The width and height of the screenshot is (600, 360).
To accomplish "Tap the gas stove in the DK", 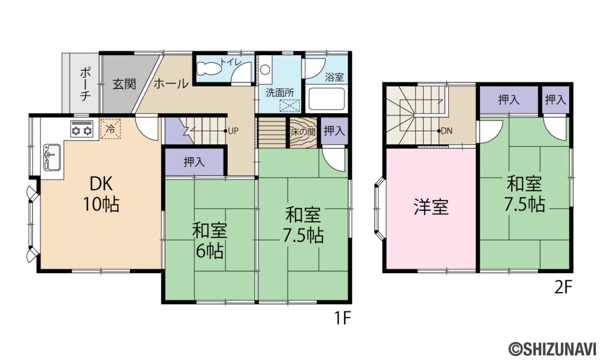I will click(82, 128).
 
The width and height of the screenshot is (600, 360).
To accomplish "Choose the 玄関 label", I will click(124, 84).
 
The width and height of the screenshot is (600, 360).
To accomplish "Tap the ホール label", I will click(171, 84).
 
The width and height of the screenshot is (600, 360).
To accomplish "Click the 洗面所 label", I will click(279, 93).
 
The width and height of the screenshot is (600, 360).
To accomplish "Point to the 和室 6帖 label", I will click(209, 240).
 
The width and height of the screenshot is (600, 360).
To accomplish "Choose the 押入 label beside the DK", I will click(194, 162).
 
